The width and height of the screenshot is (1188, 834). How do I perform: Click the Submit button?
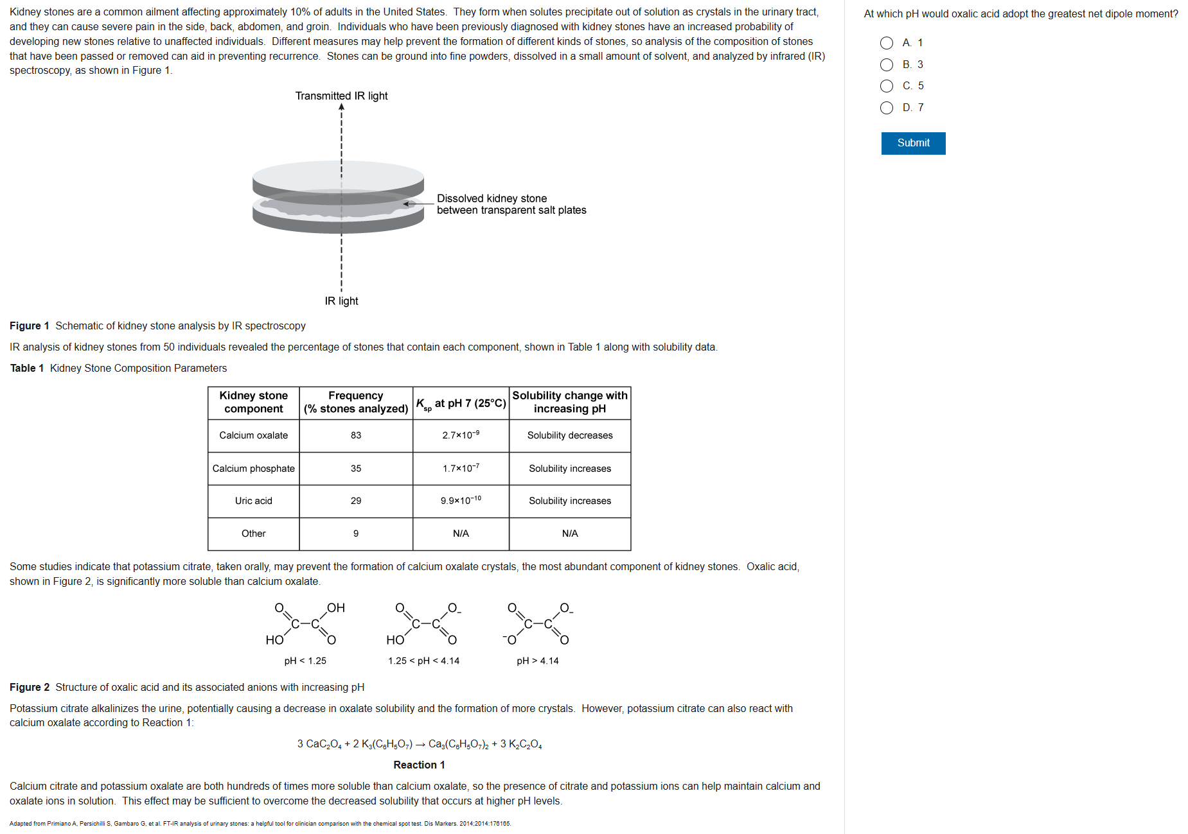pos(913,143)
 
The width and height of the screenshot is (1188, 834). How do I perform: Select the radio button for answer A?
pos(887,43)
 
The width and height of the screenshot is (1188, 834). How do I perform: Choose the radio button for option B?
pos(887,65)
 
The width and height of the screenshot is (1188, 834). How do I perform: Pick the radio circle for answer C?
pos(887,86)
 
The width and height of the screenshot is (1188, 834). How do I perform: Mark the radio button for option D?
pos(887,108)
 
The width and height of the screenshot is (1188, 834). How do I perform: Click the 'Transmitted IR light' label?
pos(341,96)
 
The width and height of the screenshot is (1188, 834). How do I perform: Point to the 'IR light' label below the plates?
pos(341,301)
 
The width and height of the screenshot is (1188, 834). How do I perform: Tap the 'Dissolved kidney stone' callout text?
pos(492,199)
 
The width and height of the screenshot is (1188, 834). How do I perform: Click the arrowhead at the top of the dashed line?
pos(341,107)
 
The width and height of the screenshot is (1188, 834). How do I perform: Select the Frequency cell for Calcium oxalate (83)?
pos(356,435)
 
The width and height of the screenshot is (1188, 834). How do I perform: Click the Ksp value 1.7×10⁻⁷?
pos(461,468)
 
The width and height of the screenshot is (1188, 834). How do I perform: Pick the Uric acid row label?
pos(253,501)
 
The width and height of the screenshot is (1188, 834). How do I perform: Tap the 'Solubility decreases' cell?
pos(570,435)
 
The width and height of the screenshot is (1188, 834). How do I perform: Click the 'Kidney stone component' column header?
pos(253,403)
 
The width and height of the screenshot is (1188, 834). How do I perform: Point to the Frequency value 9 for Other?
pos(356,534)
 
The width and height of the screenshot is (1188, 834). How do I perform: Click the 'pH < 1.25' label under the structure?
pos(305,661)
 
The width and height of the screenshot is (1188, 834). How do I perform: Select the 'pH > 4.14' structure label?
pos(538,661)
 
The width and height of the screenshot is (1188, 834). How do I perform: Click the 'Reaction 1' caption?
pos(419,765)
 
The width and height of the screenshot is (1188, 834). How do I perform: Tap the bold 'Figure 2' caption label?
pos(30,687)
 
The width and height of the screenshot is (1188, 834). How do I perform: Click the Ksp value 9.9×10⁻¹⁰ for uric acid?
pos(461,500)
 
